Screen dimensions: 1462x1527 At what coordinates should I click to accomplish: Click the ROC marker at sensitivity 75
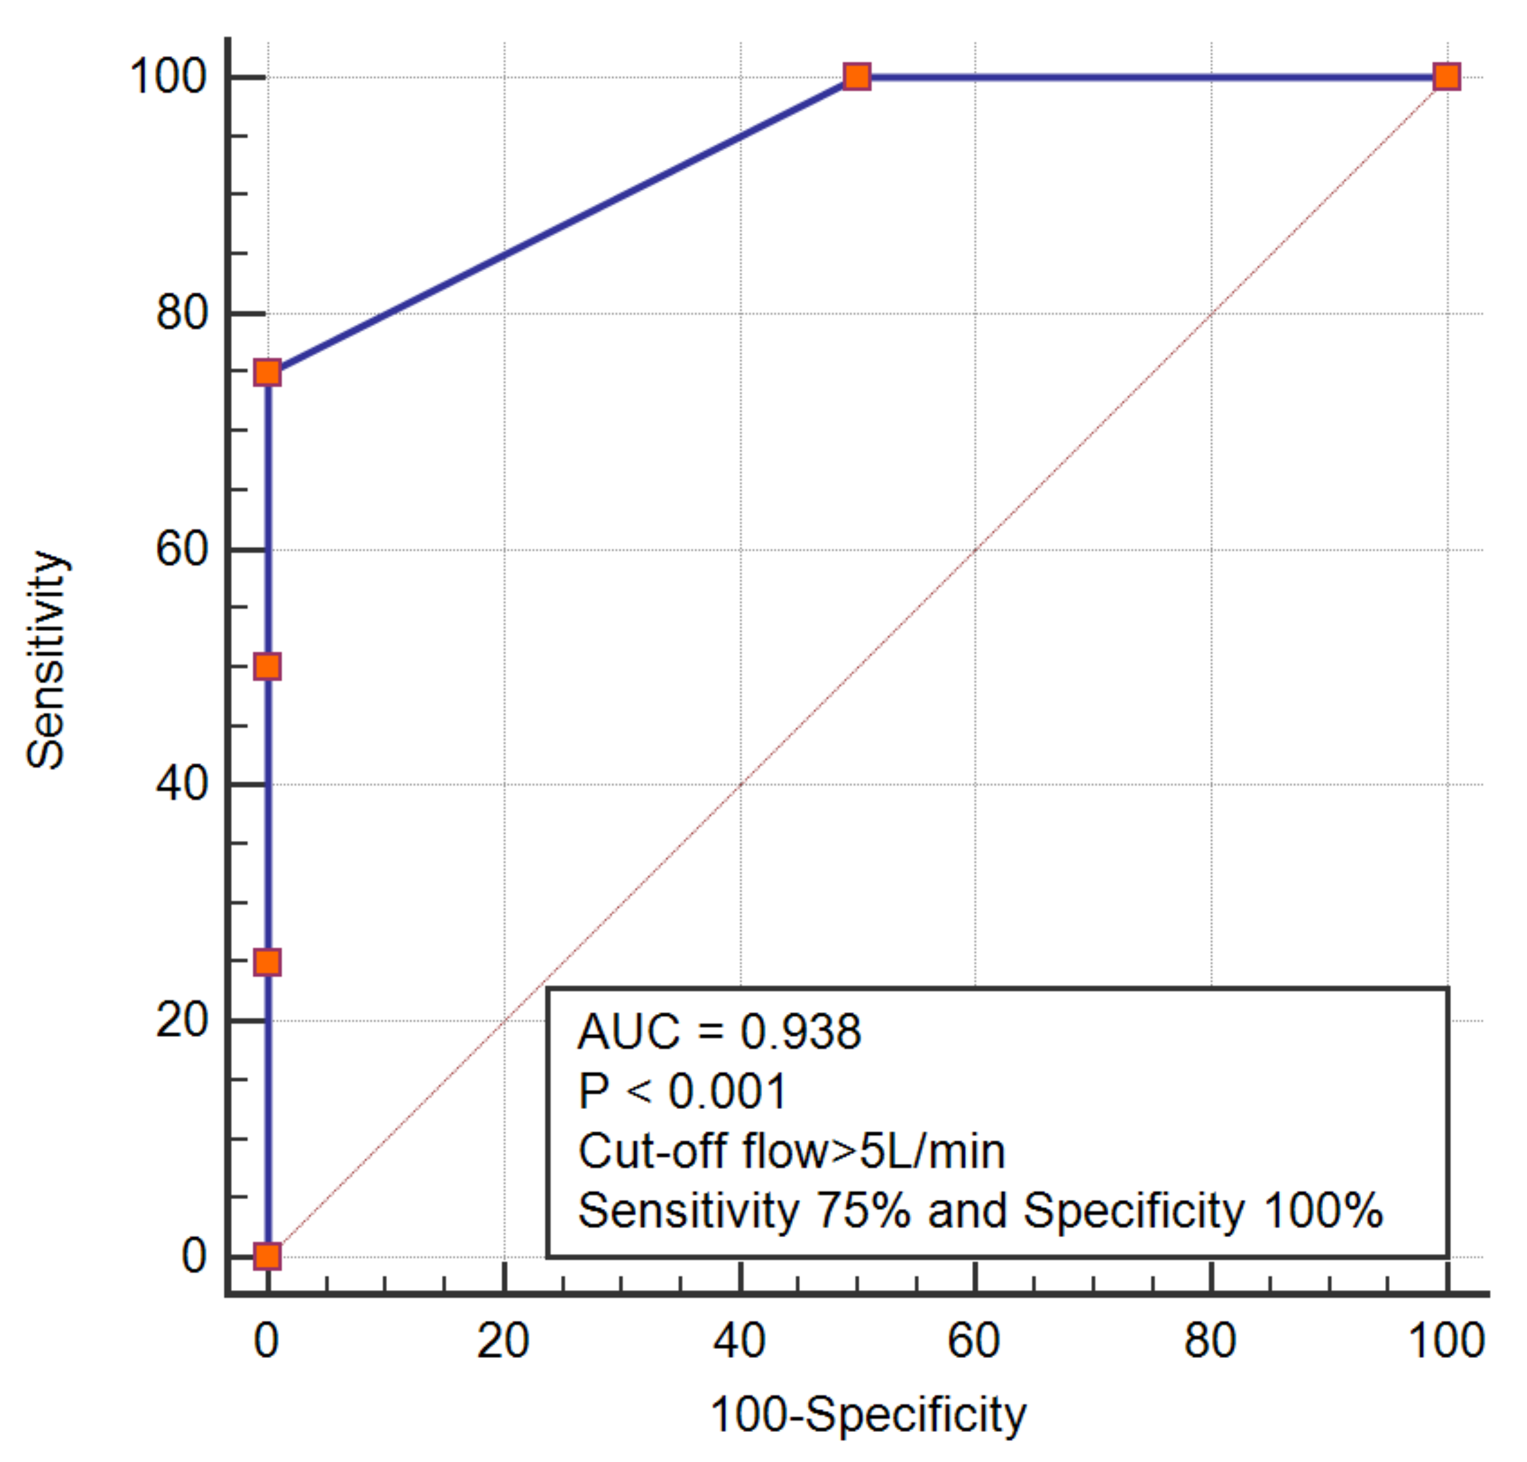tap(267, 373)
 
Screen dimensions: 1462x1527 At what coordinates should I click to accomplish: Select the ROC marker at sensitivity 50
tap(267, 667)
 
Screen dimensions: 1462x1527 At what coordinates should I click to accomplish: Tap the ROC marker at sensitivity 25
tap(267, 962)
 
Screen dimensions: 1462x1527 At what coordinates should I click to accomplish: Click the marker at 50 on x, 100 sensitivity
tap(857, 77)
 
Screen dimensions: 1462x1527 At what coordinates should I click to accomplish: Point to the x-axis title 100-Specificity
tap(868, 1414)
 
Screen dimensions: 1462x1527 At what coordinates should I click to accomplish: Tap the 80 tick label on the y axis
tap(182, 313)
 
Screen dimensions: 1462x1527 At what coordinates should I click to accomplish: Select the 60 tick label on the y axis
tap(182, 549)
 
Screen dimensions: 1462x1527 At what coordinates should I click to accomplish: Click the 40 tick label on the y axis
tap(182, 784)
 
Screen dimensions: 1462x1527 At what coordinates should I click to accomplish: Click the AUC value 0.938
tap(800, 1032)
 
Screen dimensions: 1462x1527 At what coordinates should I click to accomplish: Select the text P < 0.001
tap(682, 1091)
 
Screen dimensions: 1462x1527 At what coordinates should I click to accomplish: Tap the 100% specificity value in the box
tap(1322, 1211)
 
